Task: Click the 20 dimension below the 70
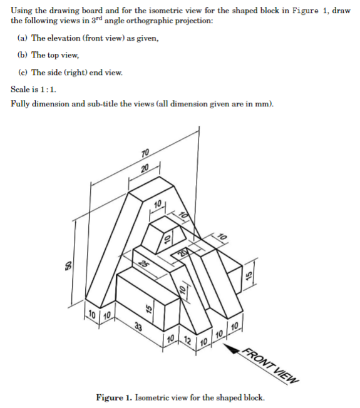[x=145, y=168]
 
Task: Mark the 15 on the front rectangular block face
[x=148, y=309]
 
